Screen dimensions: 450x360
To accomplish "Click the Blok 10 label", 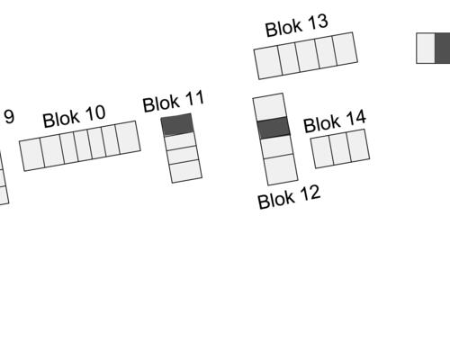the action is coord(74,116).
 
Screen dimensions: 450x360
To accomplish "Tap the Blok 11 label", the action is coord(174,102).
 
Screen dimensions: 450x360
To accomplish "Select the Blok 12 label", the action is coord(289,197).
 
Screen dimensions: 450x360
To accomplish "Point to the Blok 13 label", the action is coord(297,26).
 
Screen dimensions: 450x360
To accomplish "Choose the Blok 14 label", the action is coord(335,121).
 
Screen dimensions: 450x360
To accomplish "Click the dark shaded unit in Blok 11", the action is coord(177,124).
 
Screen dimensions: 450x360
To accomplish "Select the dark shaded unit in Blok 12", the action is coord(274,128).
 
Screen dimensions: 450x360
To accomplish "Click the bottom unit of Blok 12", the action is coord(281,169).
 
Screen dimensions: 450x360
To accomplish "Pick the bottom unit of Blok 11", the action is coord(185,171).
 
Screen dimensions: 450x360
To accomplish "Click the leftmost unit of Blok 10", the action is coord(32,155).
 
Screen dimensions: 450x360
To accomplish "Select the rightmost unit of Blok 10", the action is coord(128,137).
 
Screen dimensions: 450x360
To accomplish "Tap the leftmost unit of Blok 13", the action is coord(268,62).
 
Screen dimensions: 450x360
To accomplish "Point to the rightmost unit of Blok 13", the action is coord(346,49).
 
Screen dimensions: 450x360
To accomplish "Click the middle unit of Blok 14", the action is coord(340,149).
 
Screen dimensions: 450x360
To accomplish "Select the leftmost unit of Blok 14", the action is coord(322,152).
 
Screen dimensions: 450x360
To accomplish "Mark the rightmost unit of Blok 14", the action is coord(358,146).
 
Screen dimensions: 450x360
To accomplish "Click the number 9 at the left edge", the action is coord(9,117).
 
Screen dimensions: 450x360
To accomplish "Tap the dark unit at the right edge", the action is coord(443,49).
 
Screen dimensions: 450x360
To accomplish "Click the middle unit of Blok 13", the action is coord(307,56).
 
